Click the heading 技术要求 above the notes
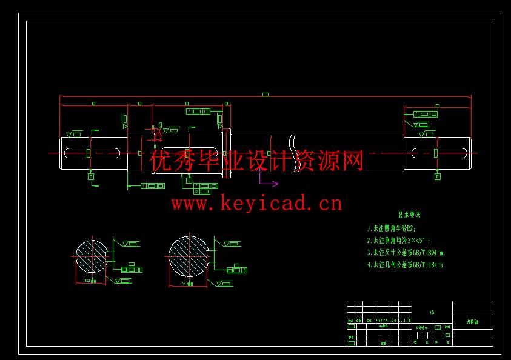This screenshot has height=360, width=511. (x=409, y=215)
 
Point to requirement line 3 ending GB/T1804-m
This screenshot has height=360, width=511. (x=406, y=252)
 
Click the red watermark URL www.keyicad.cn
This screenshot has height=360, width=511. (x=256, y=203)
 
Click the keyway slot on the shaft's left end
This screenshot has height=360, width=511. (x=90, y=152)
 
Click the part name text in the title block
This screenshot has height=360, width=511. (x=472, y=322)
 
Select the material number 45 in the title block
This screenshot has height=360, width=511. (x=432, y=313)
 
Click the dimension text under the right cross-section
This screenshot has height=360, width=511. (x=186, y=282)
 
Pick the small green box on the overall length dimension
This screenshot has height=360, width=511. (x=266, y=95)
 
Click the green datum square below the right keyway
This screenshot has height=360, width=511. (x=438, y=177)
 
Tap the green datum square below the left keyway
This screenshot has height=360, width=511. (x=91, y=177)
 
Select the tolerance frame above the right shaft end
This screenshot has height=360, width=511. (x=424, y=114)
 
